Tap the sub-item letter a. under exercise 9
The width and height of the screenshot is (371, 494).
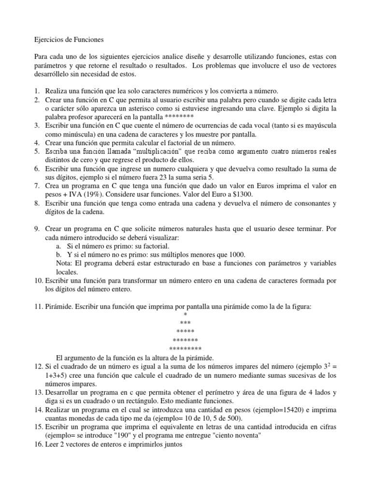pos(59,246)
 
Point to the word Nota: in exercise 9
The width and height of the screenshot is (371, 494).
pos(65,263)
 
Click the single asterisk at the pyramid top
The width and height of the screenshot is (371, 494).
pos(185,315)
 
